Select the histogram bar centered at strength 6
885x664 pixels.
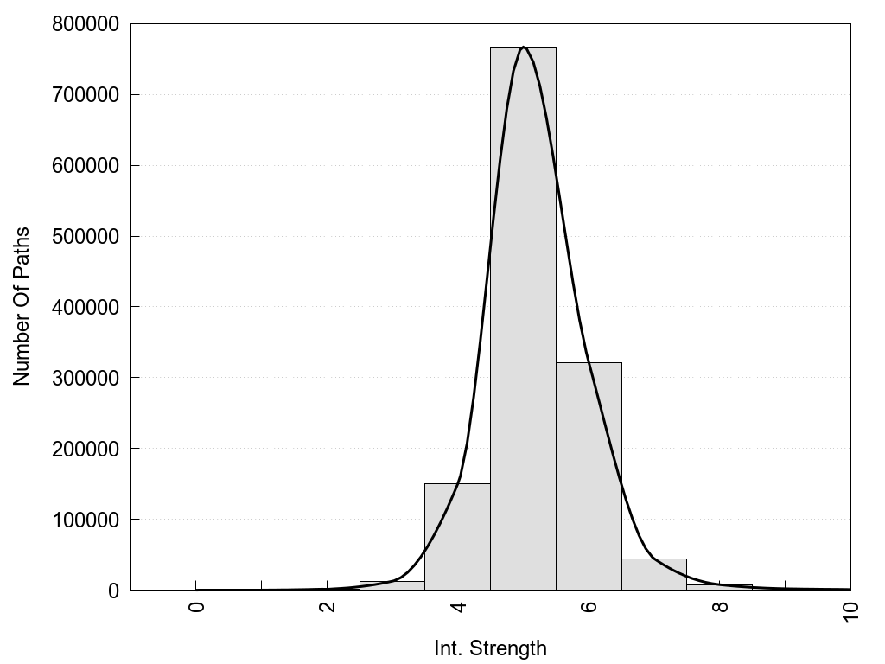[x=589, y=476]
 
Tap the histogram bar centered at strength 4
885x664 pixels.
[x=457, y=537]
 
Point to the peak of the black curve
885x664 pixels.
[x=524, y=48]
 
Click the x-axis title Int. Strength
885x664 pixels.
[x=490, y=648]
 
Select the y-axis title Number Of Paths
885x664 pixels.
[x=22, y=307]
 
